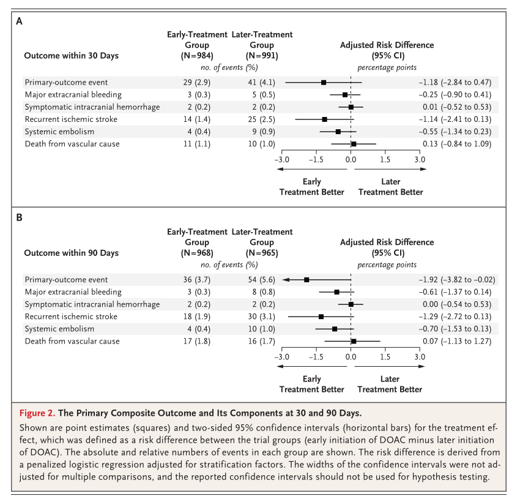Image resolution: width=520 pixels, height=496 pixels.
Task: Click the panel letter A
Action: point(19,21)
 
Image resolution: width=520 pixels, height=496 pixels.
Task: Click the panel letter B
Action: point(19,217)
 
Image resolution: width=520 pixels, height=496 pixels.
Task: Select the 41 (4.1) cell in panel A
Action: point(262,82)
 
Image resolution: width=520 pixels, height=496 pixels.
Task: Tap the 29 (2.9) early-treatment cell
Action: point(196,82)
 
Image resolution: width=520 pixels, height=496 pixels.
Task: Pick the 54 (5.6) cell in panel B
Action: point(262,280)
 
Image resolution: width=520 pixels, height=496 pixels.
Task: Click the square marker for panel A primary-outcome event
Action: point(324,82)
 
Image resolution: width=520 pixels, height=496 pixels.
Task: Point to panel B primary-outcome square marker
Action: point(306,280)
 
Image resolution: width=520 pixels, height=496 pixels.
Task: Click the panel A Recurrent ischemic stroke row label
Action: point(71,119)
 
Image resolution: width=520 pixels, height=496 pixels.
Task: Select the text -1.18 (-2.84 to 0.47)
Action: point(455,82)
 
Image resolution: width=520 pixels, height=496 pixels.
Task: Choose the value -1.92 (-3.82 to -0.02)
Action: point(457,280)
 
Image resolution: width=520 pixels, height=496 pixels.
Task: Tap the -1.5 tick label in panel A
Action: point(316,160)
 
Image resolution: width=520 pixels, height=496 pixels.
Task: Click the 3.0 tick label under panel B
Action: point(420,357)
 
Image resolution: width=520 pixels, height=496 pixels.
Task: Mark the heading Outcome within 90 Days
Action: point(72,253)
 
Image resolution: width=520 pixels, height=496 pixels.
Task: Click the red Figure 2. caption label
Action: point(37,413)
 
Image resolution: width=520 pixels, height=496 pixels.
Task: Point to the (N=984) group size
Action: point(197,56)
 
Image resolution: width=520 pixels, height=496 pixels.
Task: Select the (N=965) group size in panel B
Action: point(262,253)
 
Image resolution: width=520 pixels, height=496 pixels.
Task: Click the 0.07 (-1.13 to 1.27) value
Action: point(457,341)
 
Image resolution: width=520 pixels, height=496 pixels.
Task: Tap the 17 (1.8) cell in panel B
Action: point(196,341)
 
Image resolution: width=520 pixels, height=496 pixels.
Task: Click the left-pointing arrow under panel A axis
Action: point(312,169)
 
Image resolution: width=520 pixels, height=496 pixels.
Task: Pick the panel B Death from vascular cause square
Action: point(354,341)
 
